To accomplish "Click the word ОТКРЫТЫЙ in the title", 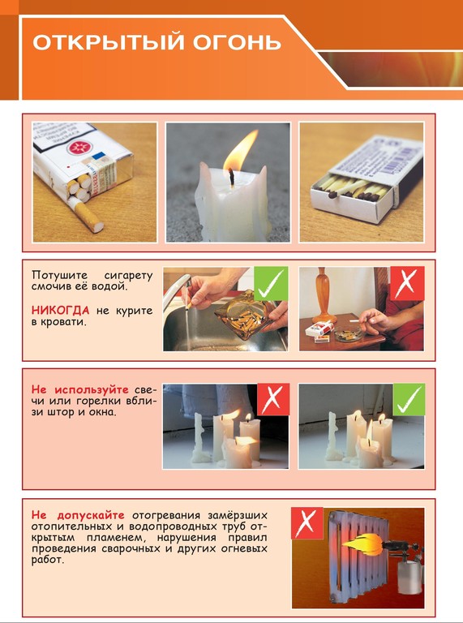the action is pyautogui.click(x=109, y=42).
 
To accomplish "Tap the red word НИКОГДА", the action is pyautogui.click(x=60, y=310).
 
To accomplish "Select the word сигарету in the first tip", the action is pyautogui.click(x=128, y=275).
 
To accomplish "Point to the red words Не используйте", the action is pyautogui.click(x=79, y=389).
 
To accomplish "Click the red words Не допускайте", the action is pyautogui.click(x=78, y=515).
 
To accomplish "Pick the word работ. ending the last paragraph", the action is pyautogui.click(x=47, y=561).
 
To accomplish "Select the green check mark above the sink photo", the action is pyautogui.click(x=271, y=283).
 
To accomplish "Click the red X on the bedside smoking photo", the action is pyautogui.click(x=407, y=283).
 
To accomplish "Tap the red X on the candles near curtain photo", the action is pyautogui.click(x=273, y=399).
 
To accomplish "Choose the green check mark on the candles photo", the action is pyautogui.click(x=409, y=399).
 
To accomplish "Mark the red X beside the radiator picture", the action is pyautogui.click(x=307, y=523).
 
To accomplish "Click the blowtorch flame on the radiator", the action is pyautogui.click(x=362, y=544).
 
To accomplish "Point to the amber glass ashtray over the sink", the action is pyautogui.click(x=246, y=315).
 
